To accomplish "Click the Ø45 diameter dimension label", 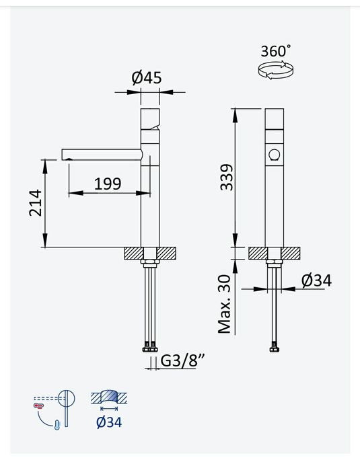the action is (147, 77).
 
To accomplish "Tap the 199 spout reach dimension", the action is (108, 184).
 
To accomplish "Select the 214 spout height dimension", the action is (36, 202).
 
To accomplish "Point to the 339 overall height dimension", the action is (226, 177).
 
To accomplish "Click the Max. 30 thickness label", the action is (224, 305).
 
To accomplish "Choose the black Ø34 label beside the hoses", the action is (317, 281).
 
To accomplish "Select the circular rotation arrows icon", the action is (276, 70).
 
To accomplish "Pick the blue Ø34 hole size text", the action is (109, 423).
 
